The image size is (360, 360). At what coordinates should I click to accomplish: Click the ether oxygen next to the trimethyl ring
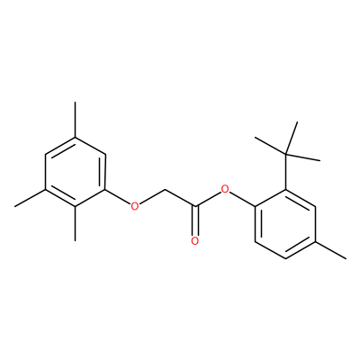click(x=135, y=206)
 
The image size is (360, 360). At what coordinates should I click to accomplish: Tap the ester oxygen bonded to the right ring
click(x=225, y=189)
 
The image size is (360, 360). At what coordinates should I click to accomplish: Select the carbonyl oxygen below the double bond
click(x=195, y=241)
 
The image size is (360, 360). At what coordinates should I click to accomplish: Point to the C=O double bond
click(x=195, y=220)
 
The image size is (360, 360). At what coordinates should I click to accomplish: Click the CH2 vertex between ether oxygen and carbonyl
click(x=165, y=189)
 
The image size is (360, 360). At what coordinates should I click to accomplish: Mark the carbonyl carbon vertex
click(x=195, y=206)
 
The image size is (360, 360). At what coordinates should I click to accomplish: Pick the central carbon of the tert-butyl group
click(x=285, y=155)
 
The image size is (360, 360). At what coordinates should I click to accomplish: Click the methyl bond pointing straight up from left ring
click(x=75, y=120)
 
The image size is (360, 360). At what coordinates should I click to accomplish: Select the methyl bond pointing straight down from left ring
click(x=75, y=223)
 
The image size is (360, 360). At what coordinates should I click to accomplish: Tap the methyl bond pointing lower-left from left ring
click(x=30, y=198)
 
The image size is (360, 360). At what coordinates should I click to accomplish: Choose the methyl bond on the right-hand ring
click(x=330, y=249)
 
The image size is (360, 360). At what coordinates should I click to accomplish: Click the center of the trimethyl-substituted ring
click(x=75, y=172)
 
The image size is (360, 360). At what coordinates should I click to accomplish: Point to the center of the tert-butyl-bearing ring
click(x=285, y=223)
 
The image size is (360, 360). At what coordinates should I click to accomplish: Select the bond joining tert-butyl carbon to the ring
click(x=285, y=172)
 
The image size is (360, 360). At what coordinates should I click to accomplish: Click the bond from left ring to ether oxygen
click(x=118, y=196)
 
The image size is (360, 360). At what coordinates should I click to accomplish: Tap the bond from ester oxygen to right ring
click(x=242, y=199)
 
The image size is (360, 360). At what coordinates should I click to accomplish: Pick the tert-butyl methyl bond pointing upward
click(x=291, y=138)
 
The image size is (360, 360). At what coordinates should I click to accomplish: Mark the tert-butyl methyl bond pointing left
click(x=270, y=146)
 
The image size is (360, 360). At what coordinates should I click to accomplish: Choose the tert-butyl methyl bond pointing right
click(x=302, y=157)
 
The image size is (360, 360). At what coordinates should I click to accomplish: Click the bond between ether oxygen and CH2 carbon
click(x=152, y=196)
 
